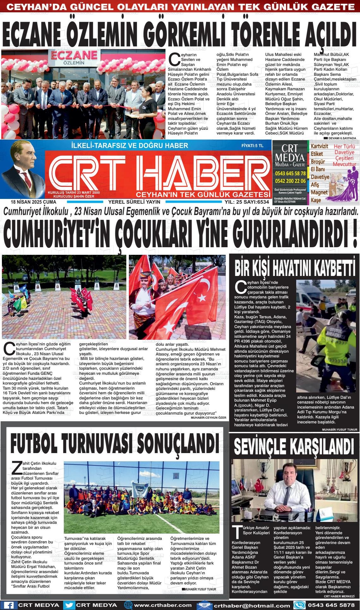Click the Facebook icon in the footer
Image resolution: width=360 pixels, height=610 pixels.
[x=9, y=605]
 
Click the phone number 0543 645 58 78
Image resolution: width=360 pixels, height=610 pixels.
[x=290, y=173]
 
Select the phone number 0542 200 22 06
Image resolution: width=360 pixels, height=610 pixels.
[x=290, y=181]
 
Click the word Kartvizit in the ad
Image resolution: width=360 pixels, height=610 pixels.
[x=319, y=147]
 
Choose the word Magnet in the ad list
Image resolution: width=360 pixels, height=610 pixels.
[x=319, y=192]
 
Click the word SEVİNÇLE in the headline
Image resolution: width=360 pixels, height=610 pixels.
[x=265, y=446]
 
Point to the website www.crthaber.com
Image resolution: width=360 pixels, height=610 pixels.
[x=163, y=605]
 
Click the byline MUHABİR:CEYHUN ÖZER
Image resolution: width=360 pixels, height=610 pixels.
[x=208, y=417]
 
